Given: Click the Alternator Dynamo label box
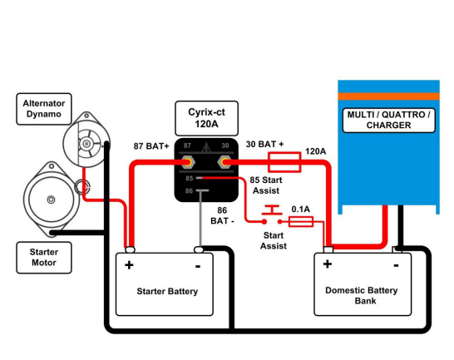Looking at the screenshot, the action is pos(44,109).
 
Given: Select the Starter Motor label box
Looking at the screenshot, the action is pos(44,258).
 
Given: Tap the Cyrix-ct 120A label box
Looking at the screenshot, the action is pos(206,118).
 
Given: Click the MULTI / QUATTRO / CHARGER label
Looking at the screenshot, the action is pos(388,120).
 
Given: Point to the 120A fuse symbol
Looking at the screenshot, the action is pos(284,162).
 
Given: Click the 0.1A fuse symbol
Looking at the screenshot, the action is pos(301,221).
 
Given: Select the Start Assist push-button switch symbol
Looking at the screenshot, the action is pos(272,215).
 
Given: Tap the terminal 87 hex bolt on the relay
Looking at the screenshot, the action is pos(188,162).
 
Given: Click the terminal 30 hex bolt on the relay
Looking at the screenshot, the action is pos(225,162).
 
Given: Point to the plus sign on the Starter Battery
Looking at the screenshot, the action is pos(129,265).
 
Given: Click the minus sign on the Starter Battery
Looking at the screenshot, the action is pos(198,266).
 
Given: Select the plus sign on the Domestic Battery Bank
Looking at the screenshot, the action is pos(328,264).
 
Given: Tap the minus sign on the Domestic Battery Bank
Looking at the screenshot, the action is pos(396,265).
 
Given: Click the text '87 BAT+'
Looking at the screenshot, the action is pos(151,146).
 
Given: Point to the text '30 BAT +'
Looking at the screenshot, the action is pos(264,144).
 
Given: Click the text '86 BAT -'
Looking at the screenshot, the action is pos(222,215).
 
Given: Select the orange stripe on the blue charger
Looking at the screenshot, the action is pos(388,96).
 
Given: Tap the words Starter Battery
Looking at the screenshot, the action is pos(167,291).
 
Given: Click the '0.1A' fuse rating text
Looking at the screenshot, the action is pos(300,210).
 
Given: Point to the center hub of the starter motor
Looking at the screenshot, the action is pos(51,200).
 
